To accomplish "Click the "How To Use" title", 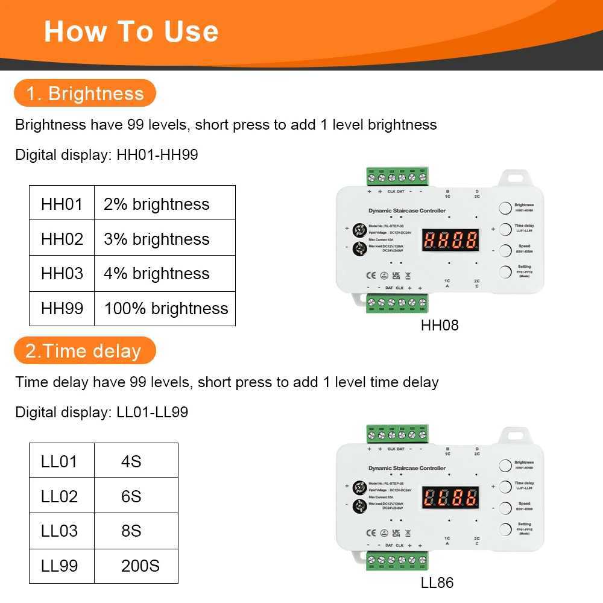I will click(131, 31).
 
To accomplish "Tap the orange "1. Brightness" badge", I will click(84, 93).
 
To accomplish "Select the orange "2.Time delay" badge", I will click(84, 351).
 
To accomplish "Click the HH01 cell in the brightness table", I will click(62, 204).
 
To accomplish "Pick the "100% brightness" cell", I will click(165, 309).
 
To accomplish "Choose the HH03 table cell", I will click(62, 274).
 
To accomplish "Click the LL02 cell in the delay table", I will click(60, 496).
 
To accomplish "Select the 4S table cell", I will click(131, 462).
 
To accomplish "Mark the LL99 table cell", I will click(60, 566).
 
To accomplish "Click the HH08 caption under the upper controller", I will click(440, 326).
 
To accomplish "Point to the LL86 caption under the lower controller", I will click(437, 582).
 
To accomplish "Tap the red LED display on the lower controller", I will click(450, 498).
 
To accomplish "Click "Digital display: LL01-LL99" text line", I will click(101, 412).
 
